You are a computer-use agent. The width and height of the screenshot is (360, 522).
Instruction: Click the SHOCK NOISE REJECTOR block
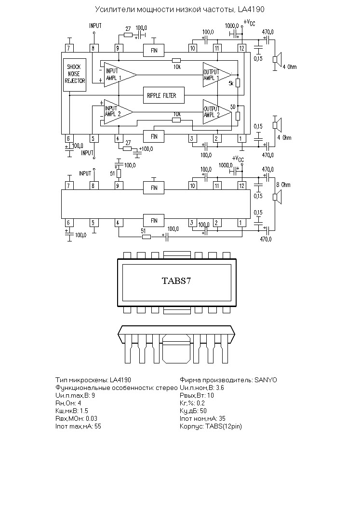pos(75,74)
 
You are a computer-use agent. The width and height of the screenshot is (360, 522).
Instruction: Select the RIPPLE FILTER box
pos(164,95)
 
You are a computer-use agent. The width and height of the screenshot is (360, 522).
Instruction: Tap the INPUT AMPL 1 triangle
pos(120,75)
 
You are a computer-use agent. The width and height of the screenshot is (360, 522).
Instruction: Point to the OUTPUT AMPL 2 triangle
pos(217,112)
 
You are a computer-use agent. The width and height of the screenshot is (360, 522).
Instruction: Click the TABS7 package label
pos(177,281)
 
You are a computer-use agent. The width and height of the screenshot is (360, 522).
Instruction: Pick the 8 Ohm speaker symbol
pos(277,197)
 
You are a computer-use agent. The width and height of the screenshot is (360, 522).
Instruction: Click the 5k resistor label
pos(231,83)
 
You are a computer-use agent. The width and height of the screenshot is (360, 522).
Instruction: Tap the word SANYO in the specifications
pos(266,380)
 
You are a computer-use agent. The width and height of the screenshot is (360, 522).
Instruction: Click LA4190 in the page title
pos(251,9)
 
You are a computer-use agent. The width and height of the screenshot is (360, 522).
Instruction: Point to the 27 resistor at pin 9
pos(128,35)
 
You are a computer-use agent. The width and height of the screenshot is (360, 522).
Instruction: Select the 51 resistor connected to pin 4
pos(147,237)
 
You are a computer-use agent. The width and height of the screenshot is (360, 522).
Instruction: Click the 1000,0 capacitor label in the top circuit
pos(232,26)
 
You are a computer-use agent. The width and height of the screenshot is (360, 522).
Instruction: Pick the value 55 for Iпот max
pos(98,426)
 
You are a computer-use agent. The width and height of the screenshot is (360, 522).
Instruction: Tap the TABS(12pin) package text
pos(224,426)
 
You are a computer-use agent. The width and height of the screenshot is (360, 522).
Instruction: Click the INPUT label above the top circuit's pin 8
pos(95,26)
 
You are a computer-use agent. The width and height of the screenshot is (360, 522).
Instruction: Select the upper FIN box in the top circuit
pos(154,50)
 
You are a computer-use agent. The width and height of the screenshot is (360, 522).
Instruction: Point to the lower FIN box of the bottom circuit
pos(154,220)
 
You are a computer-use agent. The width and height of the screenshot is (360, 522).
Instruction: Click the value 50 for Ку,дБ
pos(203,411)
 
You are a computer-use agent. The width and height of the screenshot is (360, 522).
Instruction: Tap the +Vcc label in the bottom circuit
pos(238,159)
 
